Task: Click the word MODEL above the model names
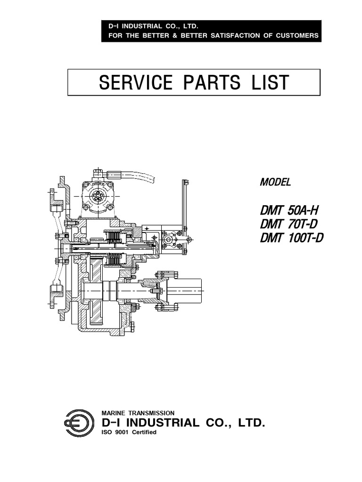pyautogui.click(x=275, y=182)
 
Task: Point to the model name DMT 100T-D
pyautogui.click(x=292, y=238)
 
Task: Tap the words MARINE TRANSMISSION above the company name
pyautogui.click(x=138, y=412)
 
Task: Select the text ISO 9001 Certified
pyautogui.click(x=129, y=433)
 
